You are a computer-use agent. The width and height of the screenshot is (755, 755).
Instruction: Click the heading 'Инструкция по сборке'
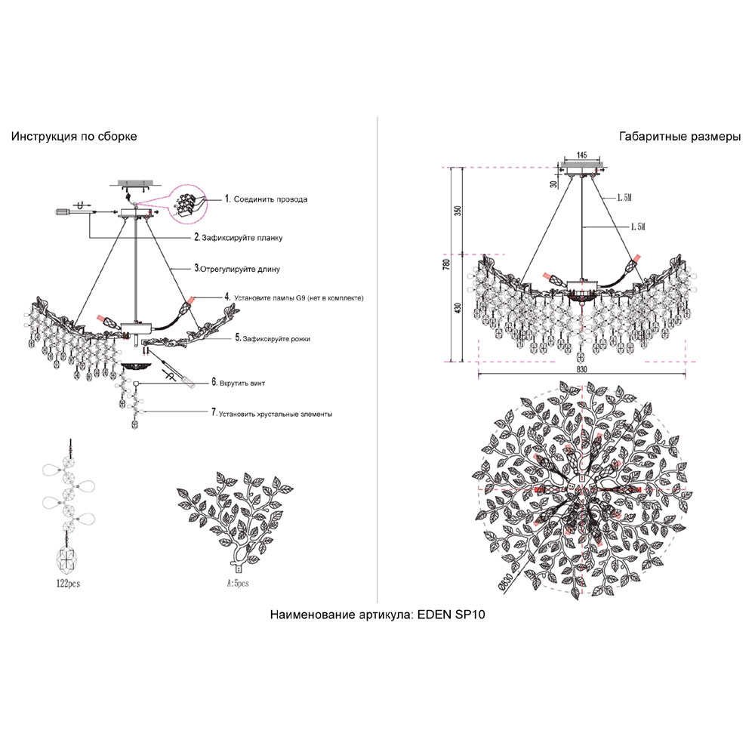pyautogui.click(x=73, y=137)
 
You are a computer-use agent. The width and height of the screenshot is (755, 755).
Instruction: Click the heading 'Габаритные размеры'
pyautogui.click(x=679, y=137)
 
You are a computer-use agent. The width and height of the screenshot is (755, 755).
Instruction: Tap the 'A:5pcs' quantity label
pyautogui.click(x=237, y=584)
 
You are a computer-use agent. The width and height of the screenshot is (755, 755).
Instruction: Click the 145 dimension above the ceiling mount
pyautogui.click(x=581, y=155)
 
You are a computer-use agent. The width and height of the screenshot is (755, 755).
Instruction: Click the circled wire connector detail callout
pyautogui.click(x=189, y=202)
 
